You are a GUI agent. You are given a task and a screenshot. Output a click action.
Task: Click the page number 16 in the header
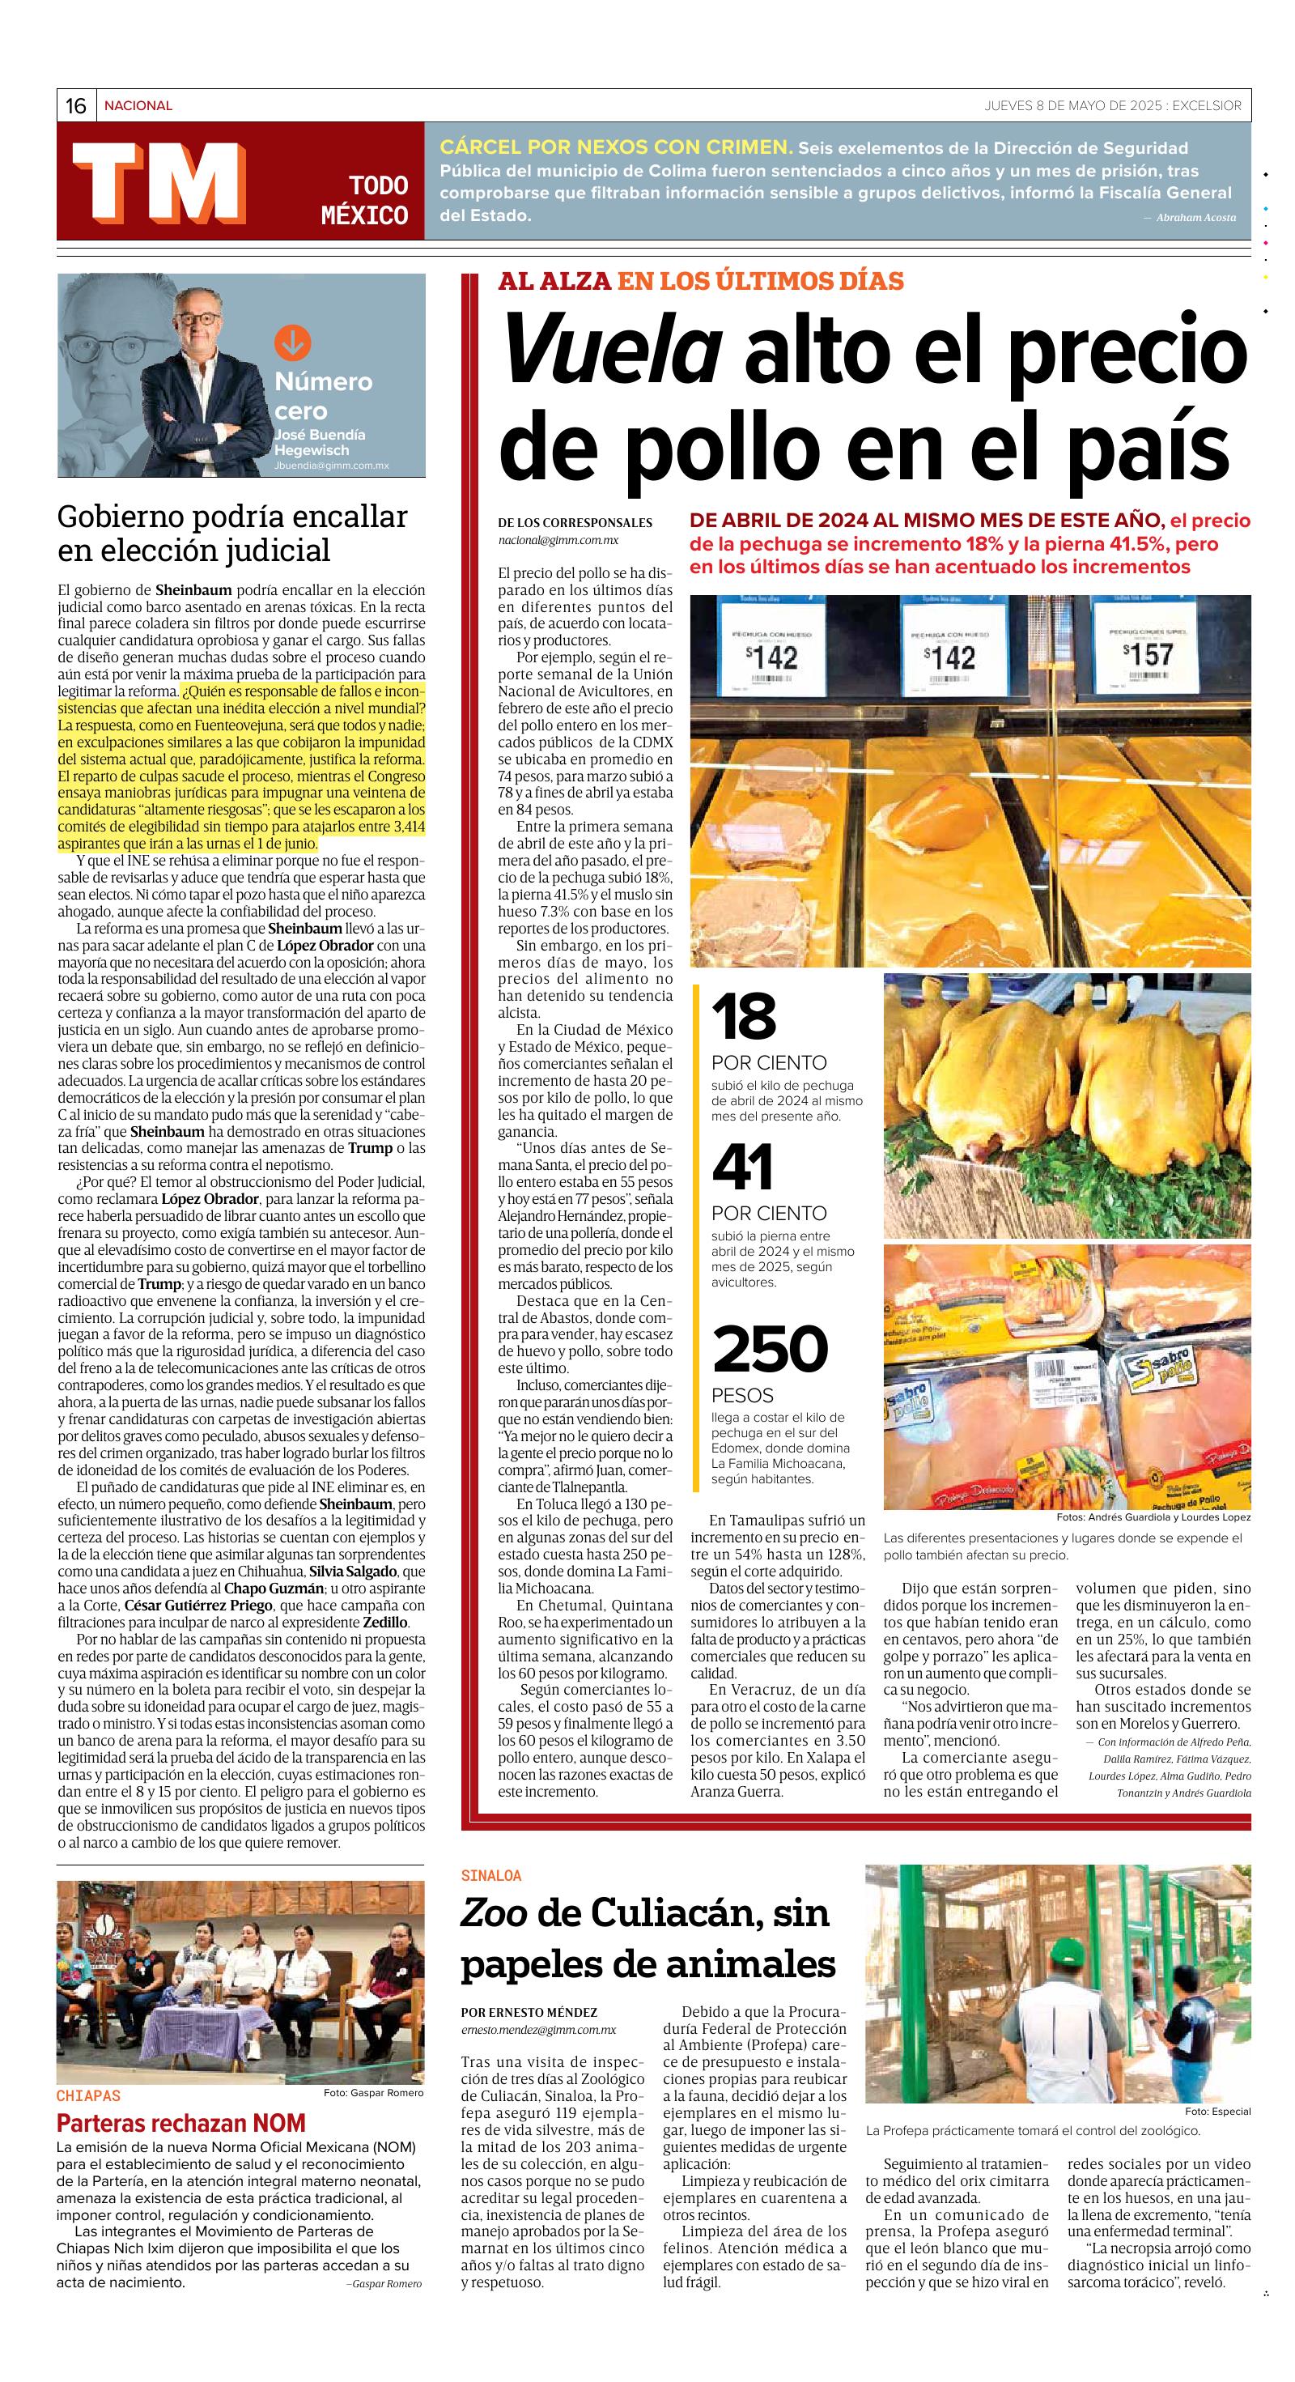tap(76, 106)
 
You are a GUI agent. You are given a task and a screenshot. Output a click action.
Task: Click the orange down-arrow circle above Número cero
tap(292, 344)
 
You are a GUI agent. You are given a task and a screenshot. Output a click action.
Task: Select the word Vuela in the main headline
tap(611, 350)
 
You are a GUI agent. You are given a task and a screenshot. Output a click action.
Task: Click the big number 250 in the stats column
tap(769, 1349)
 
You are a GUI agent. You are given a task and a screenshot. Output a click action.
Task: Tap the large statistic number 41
tap(743, 1168)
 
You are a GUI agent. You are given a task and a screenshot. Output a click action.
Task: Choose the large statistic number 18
tap(743, 1016)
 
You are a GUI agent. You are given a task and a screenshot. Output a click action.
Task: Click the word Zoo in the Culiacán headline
tap(493, 1913)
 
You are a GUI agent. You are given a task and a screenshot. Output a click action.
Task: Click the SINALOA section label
tap(490, 1875)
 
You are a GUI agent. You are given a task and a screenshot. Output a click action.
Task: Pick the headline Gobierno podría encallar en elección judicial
tap(232, 534)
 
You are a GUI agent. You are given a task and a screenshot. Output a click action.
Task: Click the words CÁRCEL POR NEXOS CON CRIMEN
tap(616, 148)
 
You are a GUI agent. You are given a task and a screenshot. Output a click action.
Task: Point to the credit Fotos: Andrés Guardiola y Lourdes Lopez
tap(1153, 1517)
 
